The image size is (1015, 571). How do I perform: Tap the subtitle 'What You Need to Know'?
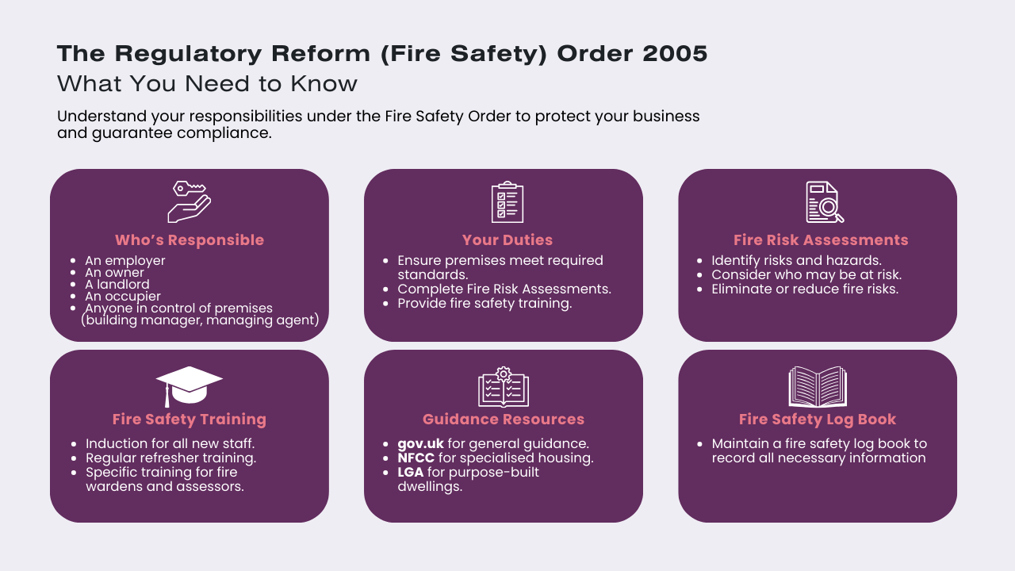point(207,83)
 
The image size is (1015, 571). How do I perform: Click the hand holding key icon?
point(190,201)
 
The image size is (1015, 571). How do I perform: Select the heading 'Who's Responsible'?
point(190,240)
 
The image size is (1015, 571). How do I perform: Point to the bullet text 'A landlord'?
point(117,284)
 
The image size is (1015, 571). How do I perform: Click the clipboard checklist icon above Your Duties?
point(507,202)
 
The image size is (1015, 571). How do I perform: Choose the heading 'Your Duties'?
point(507,240)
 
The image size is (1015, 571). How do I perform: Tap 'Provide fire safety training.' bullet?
point(485,304)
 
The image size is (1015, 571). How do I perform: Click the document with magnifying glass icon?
point(824,202)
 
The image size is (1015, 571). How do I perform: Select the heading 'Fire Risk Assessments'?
point(821,240)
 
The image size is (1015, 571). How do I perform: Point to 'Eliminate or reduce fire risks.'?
point(805,289)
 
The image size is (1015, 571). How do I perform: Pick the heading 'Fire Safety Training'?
point(190,420)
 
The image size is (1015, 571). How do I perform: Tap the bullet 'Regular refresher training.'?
point(170,458)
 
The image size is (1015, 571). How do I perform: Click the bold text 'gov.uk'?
point(420,444)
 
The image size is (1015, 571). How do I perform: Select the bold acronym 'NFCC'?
point(416,458)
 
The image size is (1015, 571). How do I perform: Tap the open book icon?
point(818,386)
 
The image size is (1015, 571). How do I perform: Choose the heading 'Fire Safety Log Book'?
point(818,420)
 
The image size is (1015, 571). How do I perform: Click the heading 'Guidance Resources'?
point(504,420)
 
